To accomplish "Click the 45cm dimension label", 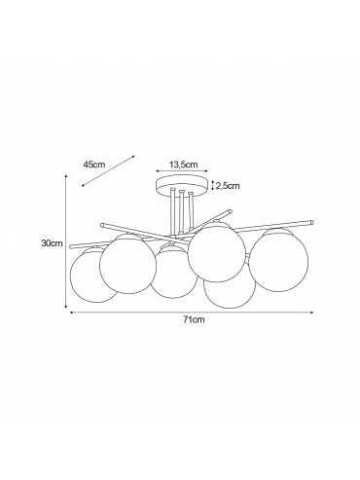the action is point(94,165).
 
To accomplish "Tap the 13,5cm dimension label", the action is point(183,165).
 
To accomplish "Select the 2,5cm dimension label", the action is point(228,186).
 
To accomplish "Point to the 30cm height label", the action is point(52,243).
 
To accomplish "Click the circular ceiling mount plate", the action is point(182,184).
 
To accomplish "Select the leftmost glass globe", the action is point(92,276).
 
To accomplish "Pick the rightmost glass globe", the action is point(279,260).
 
